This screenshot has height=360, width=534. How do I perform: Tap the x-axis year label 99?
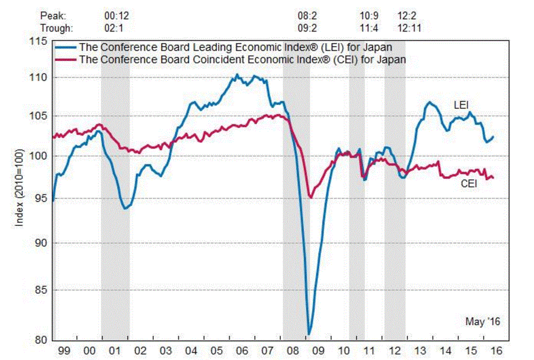click(64, 351)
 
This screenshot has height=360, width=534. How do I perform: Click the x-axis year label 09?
click(318, 351)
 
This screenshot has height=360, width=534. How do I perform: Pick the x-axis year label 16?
click(496, 351)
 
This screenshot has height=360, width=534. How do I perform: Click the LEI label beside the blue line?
click(461, 105)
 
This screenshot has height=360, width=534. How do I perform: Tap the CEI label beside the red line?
click(468, 184)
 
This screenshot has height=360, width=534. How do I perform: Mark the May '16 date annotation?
click(483, 322)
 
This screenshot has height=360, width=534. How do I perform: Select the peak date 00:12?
click(115, 17)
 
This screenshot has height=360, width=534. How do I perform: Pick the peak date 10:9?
click(369, 17)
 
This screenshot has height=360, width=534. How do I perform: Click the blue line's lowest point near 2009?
click(309, 334)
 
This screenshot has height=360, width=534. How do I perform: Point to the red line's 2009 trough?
click(310, 198)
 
